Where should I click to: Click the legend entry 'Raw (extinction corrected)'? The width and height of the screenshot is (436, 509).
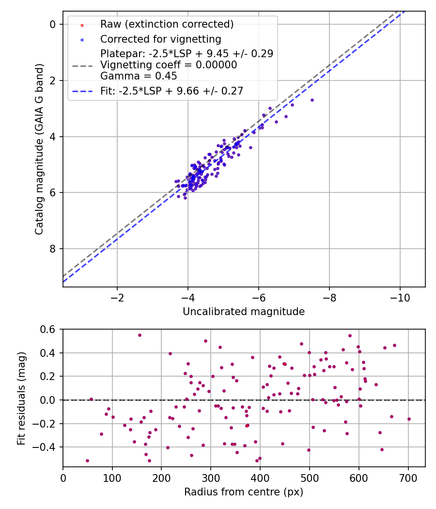[167, 24]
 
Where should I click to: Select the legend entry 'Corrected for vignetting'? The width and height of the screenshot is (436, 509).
[160, 39]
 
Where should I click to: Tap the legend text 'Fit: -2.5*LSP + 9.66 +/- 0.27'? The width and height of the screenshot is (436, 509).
[171, 91]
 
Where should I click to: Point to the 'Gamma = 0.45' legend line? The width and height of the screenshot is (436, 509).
[138, 76]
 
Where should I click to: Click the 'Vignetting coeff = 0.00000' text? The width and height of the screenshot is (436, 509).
[169, 65]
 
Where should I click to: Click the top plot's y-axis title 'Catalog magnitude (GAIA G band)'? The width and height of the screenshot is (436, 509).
[39, 149]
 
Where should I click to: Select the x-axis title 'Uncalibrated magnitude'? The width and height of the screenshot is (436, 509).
[244, 312]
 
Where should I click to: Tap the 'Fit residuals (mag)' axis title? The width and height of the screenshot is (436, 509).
[21, 398]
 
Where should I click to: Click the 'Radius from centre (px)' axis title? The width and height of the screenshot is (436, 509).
[244, 492]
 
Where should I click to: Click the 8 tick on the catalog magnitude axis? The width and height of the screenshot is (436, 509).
[53, 249]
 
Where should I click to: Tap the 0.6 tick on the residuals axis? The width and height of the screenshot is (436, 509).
[51, 330]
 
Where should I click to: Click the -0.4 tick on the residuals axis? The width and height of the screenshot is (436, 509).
[48, 447]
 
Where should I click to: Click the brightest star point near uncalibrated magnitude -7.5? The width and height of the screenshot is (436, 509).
[312, 100]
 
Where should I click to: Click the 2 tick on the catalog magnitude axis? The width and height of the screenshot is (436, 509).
[53, 80]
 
